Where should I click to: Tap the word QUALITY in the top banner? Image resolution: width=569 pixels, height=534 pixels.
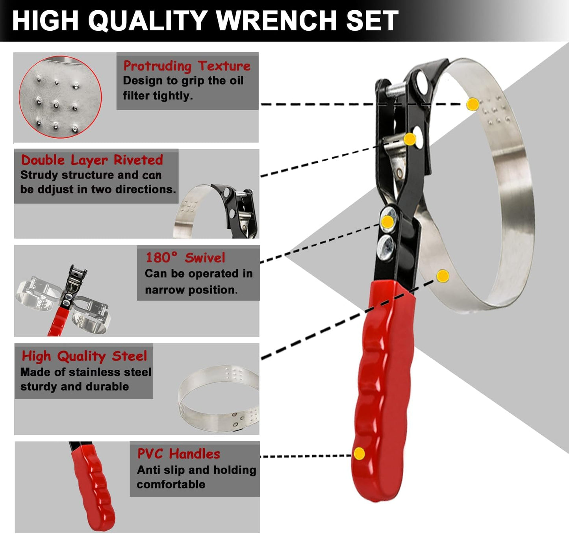point(147,20)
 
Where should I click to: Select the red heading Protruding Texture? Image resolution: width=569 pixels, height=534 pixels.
point(187,66)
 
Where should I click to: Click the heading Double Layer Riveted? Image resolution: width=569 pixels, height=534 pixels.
point(92,160)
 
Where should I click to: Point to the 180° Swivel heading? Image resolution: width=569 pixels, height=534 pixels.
point(185,258)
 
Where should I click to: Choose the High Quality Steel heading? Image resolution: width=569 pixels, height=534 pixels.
point(84,356)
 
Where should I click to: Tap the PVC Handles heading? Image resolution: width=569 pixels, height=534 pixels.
point(178,454)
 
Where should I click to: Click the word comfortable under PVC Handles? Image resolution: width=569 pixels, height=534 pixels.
point(171,484)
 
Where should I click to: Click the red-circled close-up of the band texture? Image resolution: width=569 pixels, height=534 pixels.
point(60,97)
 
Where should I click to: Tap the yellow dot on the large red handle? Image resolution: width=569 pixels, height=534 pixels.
point(359,454)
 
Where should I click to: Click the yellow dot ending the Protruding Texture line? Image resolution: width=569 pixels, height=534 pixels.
point(473,104)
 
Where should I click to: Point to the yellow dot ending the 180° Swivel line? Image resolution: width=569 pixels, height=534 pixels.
point(387,222)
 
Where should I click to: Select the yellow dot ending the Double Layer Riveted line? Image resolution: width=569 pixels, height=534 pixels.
point(410,139)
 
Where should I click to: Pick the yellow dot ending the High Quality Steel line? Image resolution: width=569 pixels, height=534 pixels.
point(443,276)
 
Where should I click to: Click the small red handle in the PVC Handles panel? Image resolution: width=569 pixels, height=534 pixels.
point(93,487)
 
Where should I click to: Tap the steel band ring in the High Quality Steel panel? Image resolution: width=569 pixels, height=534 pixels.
point(219,398)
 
